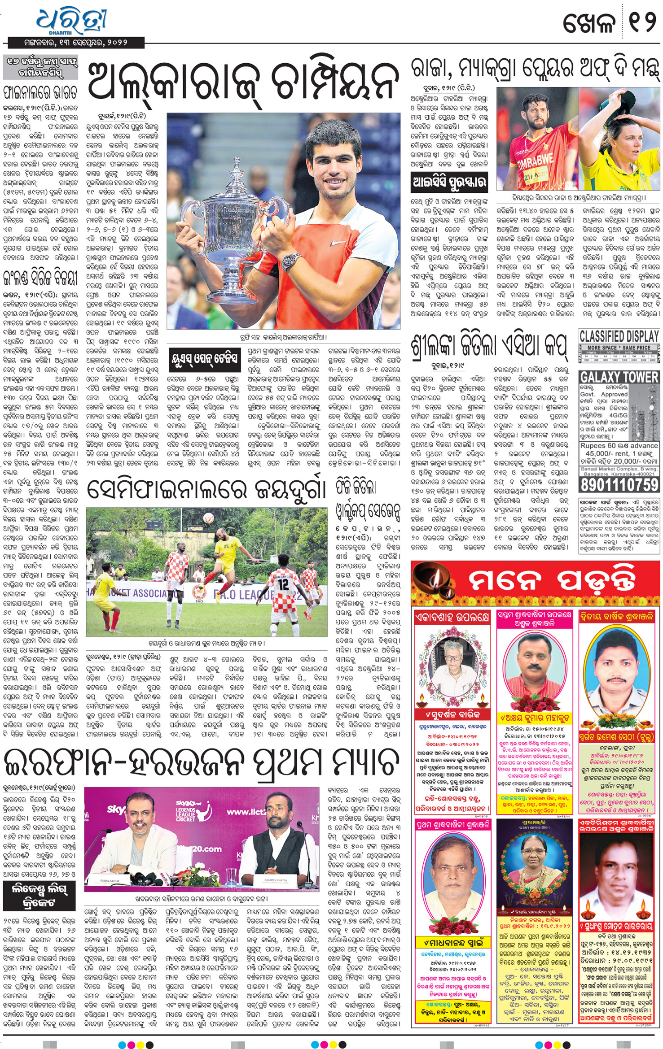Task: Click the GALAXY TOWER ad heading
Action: coord(619,377)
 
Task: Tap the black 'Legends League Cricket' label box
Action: coord(40,895)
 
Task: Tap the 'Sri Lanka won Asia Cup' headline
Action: coord(489,346)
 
